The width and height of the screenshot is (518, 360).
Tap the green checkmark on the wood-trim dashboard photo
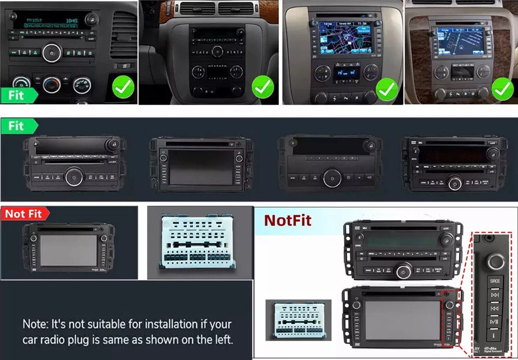coord(502,87)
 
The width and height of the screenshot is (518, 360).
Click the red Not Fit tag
coord(24,214)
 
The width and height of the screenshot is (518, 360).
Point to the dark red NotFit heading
coord(288,220)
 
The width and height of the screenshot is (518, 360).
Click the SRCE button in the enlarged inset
coord(494,281)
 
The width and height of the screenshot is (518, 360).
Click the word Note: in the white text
coord(36,324)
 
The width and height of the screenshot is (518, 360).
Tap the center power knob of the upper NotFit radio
coord(404,271)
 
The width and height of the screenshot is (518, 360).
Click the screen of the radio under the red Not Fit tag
coord(68,250)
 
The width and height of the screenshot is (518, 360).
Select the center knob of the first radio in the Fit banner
coord(74,176)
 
